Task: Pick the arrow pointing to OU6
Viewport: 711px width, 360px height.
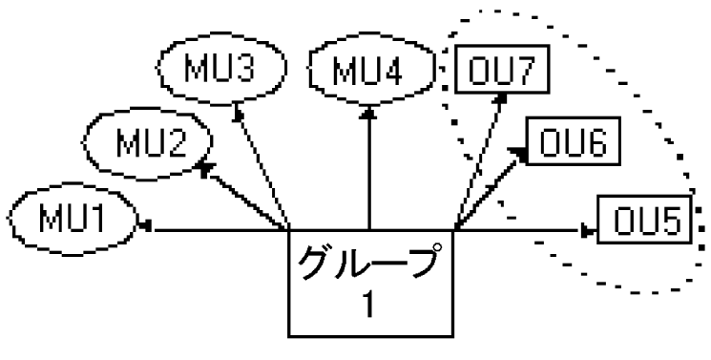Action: click(491, 186)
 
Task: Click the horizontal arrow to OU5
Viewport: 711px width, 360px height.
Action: click(520, 229)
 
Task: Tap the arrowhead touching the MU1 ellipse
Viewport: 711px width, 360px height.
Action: click(146, 227)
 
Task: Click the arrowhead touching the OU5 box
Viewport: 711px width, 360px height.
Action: click(588, 229)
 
